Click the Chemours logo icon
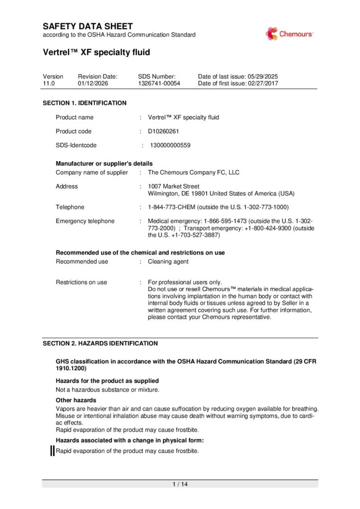click(x=271, y=33)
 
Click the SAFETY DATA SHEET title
click(x=88, y=26)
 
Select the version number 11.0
click(x=48, y=84)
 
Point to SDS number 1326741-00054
click(x=159, y=84)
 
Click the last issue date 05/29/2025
click(x=263, y=76)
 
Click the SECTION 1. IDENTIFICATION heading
click(x=85, y=103)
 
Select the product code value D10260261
click(x=163, y=131)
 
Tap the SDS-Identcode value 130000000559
click(x=170, y=146)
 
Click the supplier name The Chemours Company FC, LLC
click(x=193, y=172)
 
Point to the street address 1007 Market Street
click(x=174, y=186)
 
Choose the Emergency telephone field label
click(x=85, y=221)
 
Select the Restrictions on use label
click(x=81, y=282)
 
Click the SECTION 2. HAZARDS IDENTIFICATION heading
click(x=100, y=343)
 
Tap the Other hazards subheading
click(x=76, y=400)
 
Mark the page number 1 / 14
click(x=180, y=484)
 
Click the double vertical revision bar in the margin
click(x=52, y=451)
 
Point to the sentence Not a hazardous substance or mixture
click(x=107, y=389)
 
